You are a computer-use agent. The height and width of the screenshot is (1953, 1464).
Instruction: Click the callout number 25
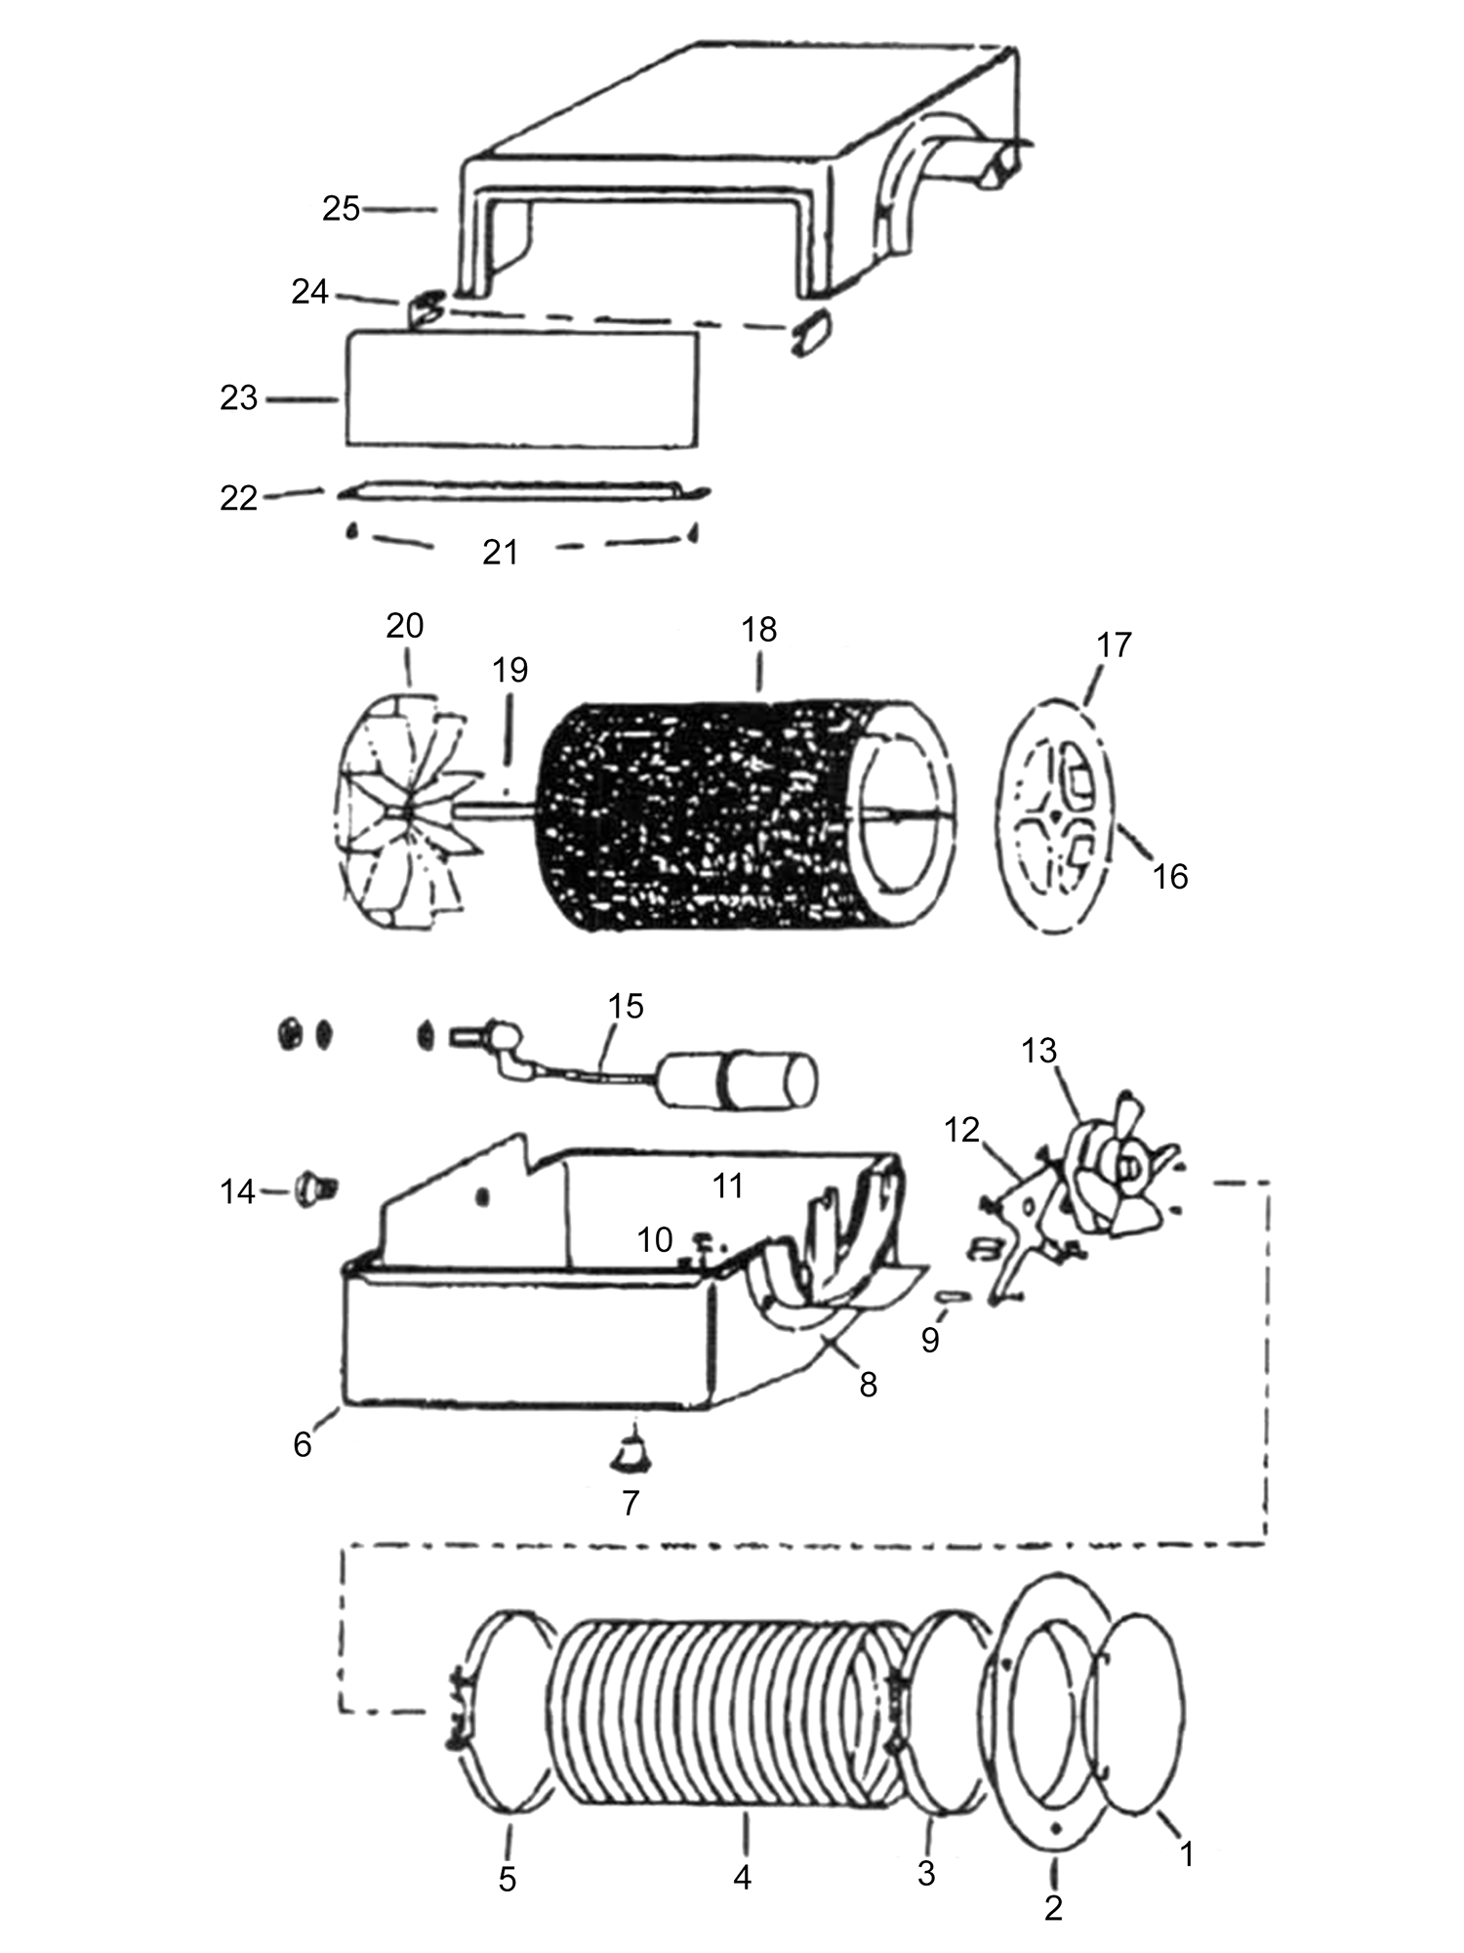pos(341,209)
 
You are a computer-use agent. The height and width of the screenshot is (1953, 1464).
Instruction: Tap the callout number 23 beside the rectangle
pos(238,398)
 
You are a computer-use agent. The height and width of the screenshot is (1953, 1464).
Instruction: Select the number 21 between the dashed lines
pos(500,553)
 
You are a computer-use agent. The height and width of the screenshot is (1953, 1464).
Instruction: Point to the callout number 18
pos(758,630)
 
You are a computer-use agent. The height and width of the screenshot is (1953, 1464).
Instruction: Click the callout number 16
pos(1169,876)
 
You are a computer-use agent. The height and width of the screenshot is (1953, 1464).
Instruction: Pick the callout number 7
pos(630,1503)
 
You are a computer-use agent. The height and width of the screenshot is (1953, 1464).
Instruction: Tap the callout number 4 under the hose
pos(742,1877)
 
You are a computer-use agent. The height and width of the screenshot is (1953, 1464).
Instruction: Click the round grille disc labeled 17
pos(1059,815)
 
